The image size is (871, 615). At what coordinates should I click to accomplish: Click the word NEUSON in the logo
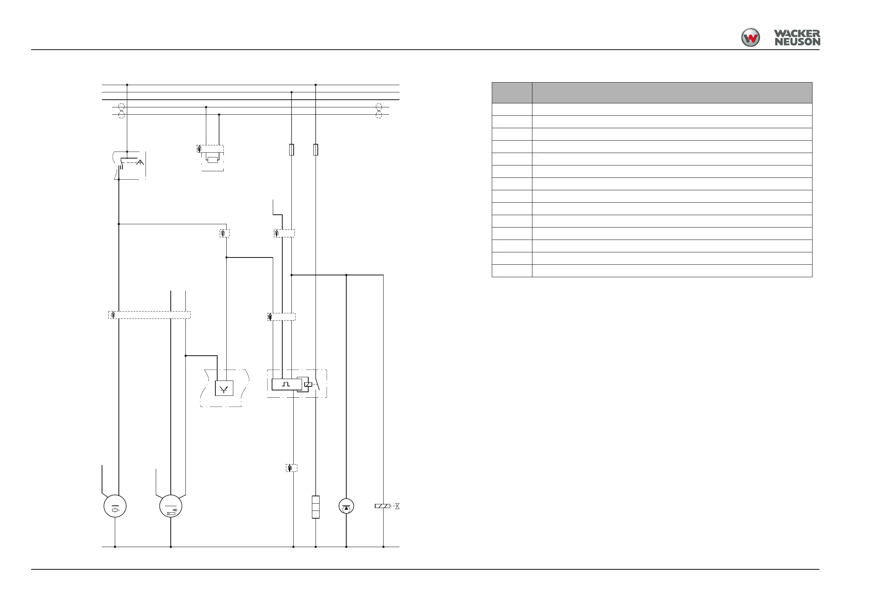click(x=797, y=42)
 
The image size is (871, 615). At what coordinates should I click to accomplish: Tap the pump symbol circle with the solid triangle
click(x=346, y=506)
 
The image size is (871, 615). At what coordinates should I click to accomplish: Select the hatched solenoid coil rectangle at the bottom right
click(x=382, y=506)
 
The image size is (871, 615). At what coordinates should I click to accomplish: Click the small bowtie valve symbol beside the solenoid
click(x=397, y=506)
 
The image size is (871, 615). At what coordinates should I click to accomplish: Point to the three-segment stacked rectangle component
click(x=315, y=507)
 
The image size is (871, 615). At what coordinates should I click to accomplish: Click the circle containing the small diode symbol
click(x=171, y=506)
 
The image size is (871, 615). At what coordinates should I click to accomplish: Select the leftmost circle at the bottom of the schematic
click(x=115, y=506)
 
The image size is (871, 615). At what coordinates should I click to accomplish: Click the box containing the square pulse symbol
click(x=286, y=384)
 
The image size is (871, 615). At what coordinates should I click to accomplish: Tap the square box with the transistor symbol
click(x=224, y=389)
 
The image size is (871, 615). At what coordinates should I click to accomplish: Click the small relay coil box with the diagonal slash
click(x=308, y=384)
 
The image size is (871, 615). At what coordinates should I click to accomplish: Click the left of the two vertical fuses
click(x=291, y=150)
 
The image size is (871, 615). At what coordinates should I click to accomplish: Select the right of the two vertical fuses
click(x=316, y=150)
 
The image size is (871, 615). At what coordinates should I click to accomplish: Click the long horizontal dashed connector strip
click(x=150, y=315)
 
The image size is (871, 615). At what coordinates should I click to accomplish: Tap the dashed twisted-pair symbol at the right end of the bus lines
click(x=378, y=111)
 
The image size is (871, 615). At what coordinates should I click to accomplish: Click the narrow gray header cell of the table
click(x=512, y=93)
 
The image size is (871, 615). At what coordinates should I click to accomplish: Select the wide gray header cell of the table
click(x=672, y=93)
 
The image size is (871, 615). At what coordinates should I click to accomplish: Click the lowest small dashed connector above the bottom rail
click(x=291, y=468)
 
